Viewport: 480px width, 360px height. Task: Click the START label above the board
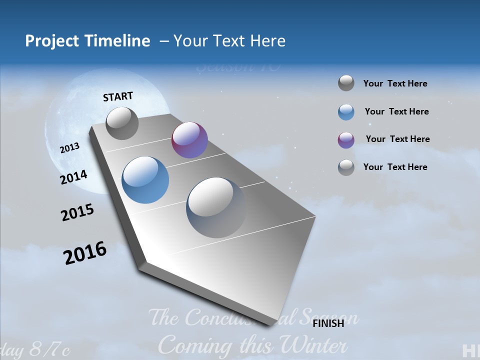(x=118, y=96)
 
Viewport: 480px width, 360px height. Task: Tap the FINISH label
(x=328, y=323)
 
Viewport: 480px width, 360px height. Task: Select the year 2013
(x=69, y=148)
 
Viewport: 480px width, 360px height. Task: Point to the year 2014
(x=73, y=177)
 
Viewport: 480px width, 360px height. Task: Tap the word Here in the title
(x=267, y=41)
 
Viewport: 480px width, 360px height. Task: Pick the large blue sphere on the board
(x=145, y=180)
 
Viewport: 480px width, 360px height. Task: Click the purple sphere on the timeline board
(x=189, y=140)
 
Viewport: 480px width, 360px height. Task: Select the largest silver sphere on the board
(x=216, y=207)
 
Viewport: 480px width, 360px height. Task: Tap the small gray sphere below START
(x=122, y=123)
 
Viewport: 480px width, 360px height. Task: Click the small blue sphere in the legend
(x=346, y=112)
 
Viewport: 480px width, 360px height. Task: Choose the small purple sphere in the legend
(x=346, y=140)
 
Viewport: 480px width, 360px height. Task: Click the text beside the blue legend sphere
(x=396, y=111)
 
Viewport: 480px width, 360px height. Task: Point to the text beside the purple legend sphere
(x=397, y=139)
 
